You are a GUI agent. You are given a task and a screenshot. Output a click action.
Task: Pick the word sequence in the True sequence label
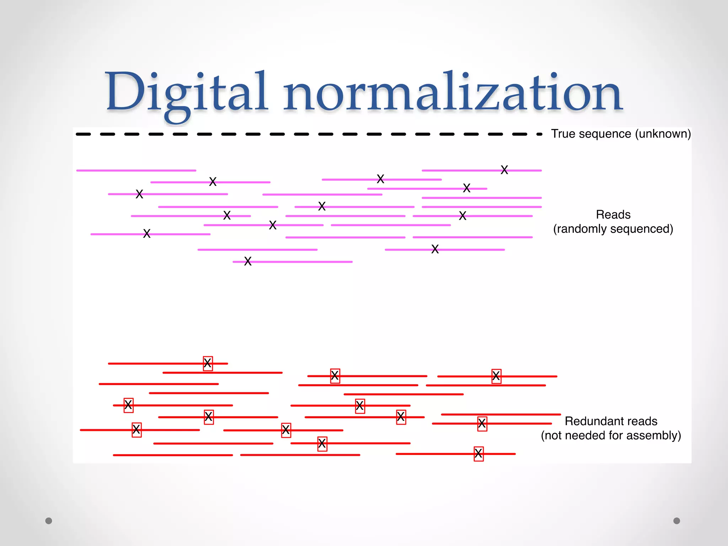[x=609, y=134]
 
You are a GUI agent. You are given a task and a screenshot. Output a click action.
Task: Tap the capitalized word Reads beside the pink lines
[x=613, y=215]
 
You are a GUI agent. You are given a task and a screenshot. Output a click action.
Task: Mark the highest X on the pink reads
[x=504, y=170]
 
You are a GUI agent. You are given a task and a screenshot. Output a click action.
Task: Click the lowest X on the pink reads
[x=248, y=262]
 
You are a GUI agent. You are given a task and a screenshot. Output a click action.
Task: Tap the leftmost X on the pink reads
[x=139, y=194]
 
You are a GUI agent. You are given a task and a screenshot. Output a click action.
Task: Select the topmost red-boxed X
[x=208, y=364]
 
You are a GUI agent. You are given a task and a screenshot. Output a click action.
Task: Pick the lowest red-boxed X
[x=478, y=454]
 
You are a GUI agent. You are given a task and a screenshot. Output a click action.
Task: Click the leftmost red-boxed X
[x=128, y=405]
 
